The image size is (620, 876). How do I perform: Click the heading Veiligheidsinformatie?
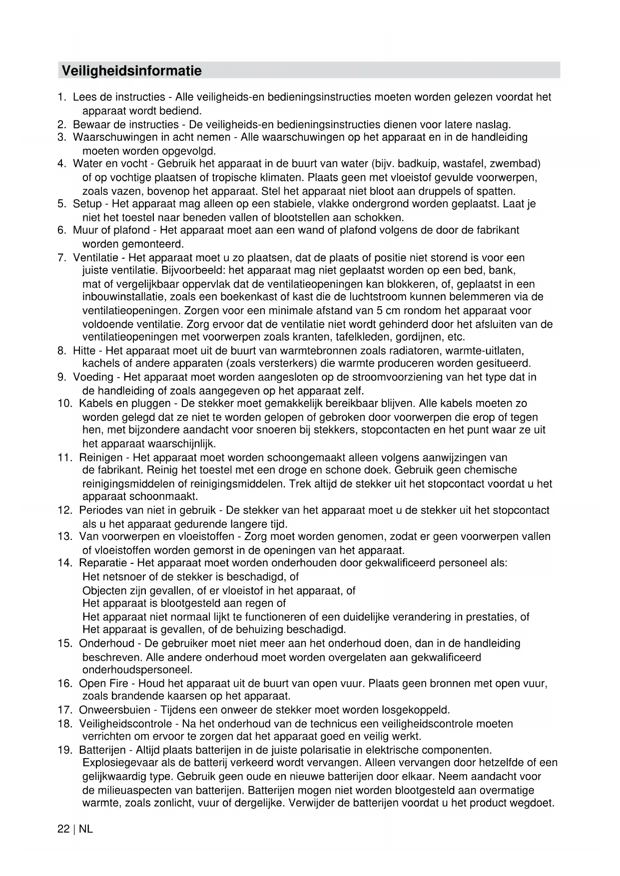click(131, 70)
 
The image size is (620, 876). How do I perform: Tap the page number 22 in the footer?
click(63, 829)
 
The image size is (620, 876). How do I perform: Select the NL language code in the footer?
click(86, 829)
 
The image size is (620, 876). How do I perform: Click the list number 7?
click(62, 258)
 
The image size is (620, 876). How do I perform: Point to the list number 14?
click(65, 563)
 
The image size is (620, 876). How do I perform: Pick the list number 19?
click(65, 750)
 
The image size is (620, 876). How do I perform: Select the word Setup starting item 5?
click(87, 204)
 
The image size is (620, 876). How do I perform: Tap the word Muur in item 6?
click(85, 230)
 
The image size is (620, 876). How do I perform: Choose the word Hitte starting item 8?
click(84, 351)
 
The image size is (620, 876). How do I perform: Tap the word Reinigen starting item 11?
click(101, 457)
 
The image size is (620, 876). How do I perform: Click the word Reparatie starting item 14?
click(103, 563)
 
